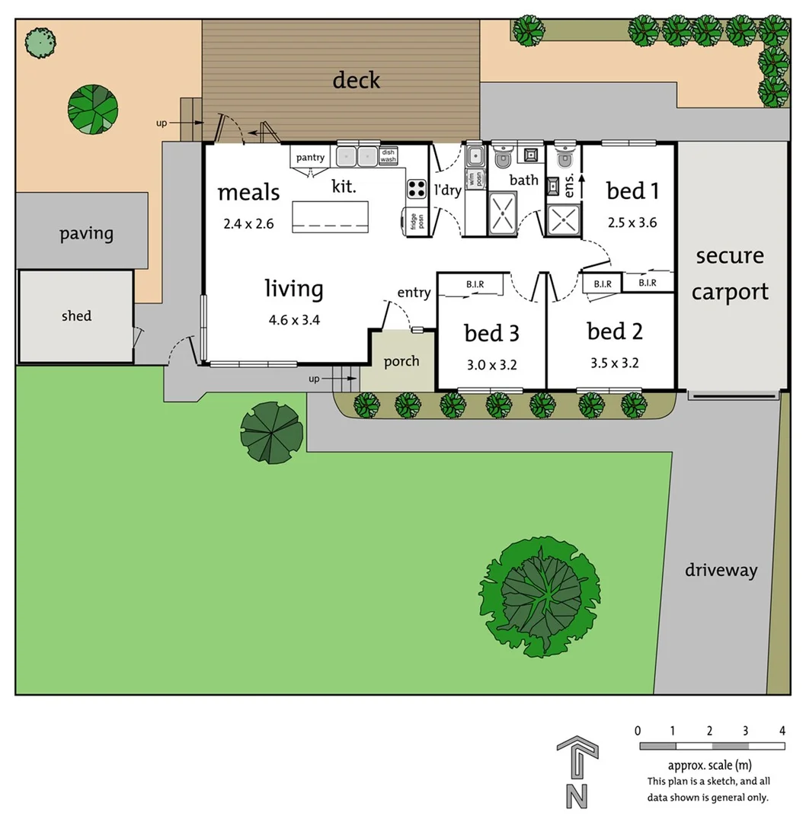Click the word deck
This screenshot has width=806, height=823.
point(356,80)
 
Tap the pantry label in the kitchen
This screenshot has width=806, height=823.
point(310,158)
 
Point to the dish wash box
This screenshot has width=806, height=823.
point(389,156)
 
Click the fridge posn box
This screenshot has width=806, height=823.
point(415,221)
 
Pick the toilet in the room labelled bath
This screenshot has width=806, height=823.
point(502,159)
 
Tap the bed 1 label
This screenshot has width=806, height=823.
point(632,191)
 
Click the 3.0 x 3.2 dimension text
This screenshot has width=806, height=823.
point(492,365)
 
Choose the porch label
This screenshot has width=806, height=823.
point(401,361)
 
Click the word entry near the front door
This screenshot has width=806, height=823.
point(414,293)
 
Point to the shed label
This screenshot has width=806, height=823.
point(76,315)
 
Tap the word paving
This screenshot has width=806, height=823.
point(86,233)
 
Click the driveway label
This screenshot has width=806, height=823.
point(721,570)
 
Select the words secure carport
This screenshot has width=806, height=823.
point(730,274)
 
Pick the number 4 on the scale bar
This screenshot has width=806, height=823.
point(782,731)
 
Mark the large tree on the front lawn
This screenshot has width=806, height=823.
point(540,597)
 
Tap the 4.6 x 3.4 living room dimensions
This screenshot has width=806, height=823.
point(294,320)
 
